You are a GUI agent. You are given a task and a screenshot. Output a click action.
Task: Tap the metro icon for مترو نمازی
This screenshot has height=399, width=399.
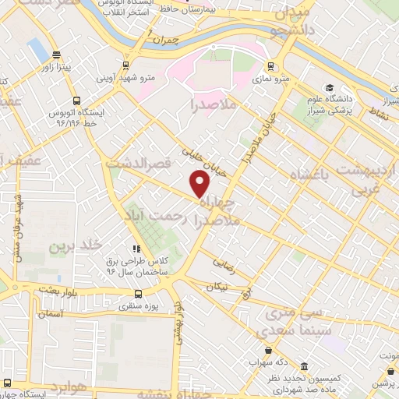click(x=270, y=66)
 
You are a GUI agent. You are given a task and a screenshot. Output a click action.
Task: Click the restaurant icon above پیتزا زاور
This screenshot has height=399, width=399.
click(x=56, y=55)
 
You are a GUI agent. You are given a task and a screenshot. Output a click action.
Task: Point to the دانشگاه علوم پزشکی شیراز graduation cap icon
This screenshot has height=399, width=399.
click(x=330, y=88)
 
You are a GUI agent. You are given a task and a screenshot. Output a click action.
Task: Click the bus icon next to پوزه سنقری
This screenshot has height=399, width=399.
click(x=139, y=294)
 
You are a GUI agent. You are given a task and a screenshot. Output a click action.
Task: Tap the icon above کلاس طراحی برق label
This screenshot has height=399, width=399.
click(x=137, y=249)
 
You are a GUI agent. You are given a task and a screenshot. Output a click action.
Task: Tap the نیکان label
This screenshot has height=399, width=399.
click(x=217, y=287)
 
